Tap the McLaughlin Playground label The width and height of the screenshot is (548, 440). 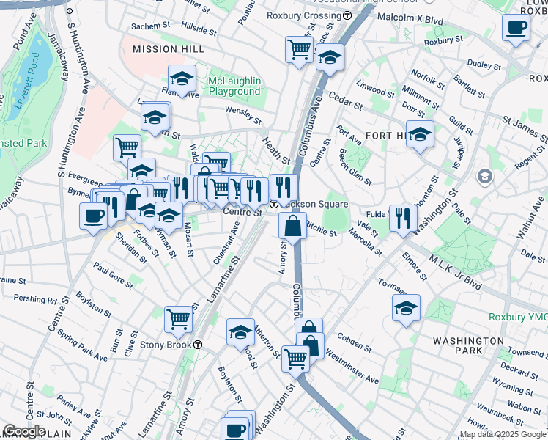pyautogui.click(x=225, y=86)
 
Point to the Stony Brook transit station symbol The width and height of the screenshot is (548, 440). pyautogui.click(x=198, y=345)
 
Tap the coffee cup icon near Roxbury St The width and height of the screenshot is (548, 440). pyautogui.click(x=516, y=29)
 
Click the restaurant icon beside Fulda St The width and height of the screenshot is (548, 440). pyautogui.click(x=403, y=217)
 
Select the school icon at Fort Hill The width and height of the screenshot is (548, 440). pyautogui.click(x=420, y=134)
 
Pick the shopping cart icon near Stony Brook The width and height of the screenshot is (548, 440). pyautogui.click(x=178, y=319)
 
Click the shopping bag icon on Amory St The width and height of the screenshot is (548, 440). pyautogui.click(x=293, y=226)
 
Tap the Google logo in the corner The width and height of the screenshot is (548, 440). pyautogui.click(x=24, y=431)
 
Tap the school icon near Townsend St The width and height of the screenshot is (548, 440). pyautogui.click(x=406, y=309)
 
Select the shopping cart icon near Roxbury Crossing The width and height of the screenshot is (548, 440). pyautogui.click(x=299, y=50)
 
